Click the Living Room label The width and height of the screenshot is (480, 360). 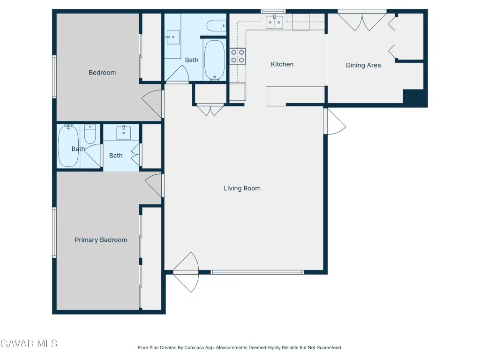(x=242, y=188)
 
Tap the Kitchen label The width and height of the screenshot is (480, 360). (x=282, y=64)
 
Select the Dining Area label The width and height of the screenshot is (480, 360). (x=363, y=65)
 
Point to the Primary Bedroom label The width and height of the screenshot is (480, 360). (x=101, y=240)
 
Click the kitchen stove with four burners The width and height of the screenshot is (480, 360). (x=238, y=56)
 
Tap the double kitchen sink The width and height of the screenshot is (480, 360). (x=274, y=22)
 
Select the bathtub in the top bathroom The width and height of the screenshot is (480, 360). (x=215, y=60)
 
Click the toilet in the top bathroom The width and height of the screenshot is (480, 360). (x=217, y=26)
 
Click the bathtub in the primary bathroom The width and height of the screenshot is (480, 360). (x=68, y=146)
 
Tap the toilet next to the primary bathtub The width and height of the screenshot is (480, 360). (x=90, y=134)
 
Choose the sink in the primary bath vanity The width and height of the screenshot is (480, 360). (x=124, y=133)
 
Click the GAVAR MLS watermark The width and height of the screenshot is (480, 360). (x=29, y=344)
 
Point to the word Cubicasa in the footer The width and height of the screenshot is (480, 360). (x=194, y=348)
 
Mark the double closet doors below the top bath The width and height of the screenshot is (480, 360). (x=210, y=110)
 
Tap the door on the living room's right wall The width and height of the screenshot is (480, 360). (x=335, y=121)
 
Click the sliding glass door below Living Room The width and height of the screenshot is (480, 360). (x=257, y=272)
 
